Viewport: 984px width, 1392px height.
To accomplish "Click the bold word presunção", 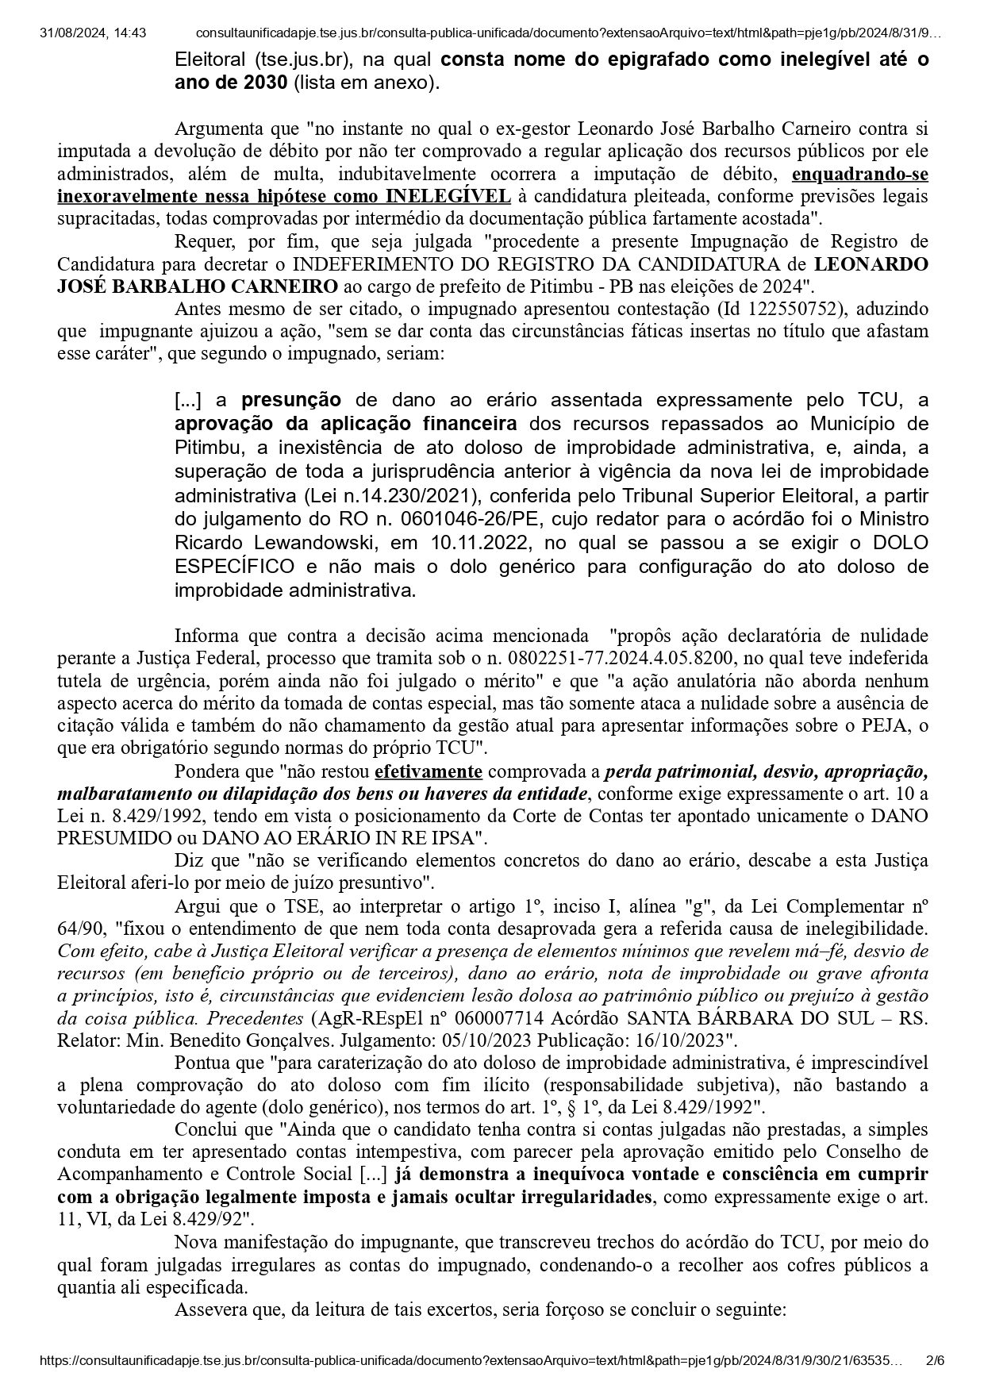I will pos(291,399).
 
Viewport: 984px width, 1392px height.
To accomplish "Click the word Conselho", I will pos(890,1152).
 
